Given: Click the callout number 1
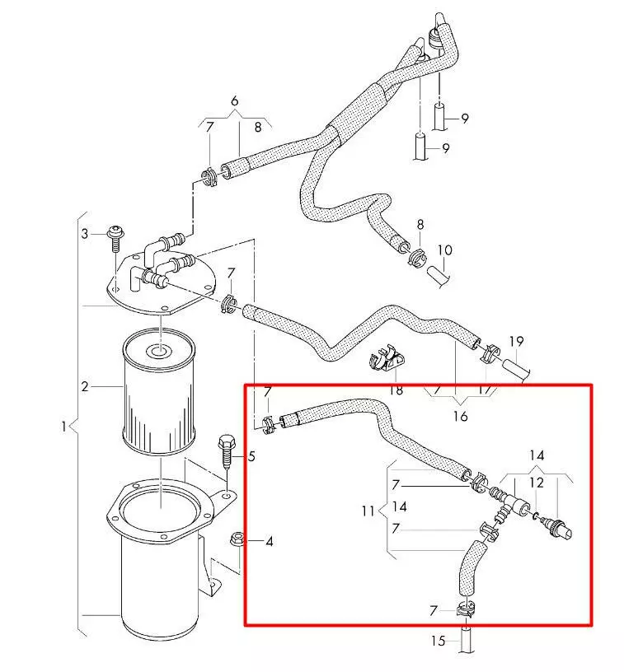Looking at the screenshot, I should [64, 427].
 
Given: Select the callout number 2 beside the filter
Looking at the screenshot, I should [85, 386].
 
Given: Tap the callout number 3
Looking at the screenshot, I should [84, 235].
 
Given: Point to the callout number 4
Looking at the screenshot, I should [269, 541].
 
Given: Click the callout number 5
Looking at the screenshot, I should [251, 455].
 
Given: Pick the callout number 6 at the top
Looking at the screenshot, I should [235, 101].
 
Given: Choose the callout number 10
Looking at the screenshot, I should [445, 250].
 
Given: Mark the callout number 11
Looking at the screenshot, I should [368, 511].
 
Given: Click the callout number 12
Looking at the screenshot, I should [537, 483].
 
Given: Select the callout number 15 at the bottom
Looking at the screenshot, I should [439, 640].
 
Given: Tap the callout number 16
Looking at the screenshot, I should [460, 416].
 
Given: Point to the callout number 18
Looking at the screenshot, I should [396, 389].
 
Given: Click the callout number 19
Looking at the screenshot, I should [517, 341].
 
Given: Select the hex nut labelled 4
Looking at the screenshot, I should [235, 540].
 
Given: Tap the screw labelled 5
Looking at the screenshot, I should [226, 453].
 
